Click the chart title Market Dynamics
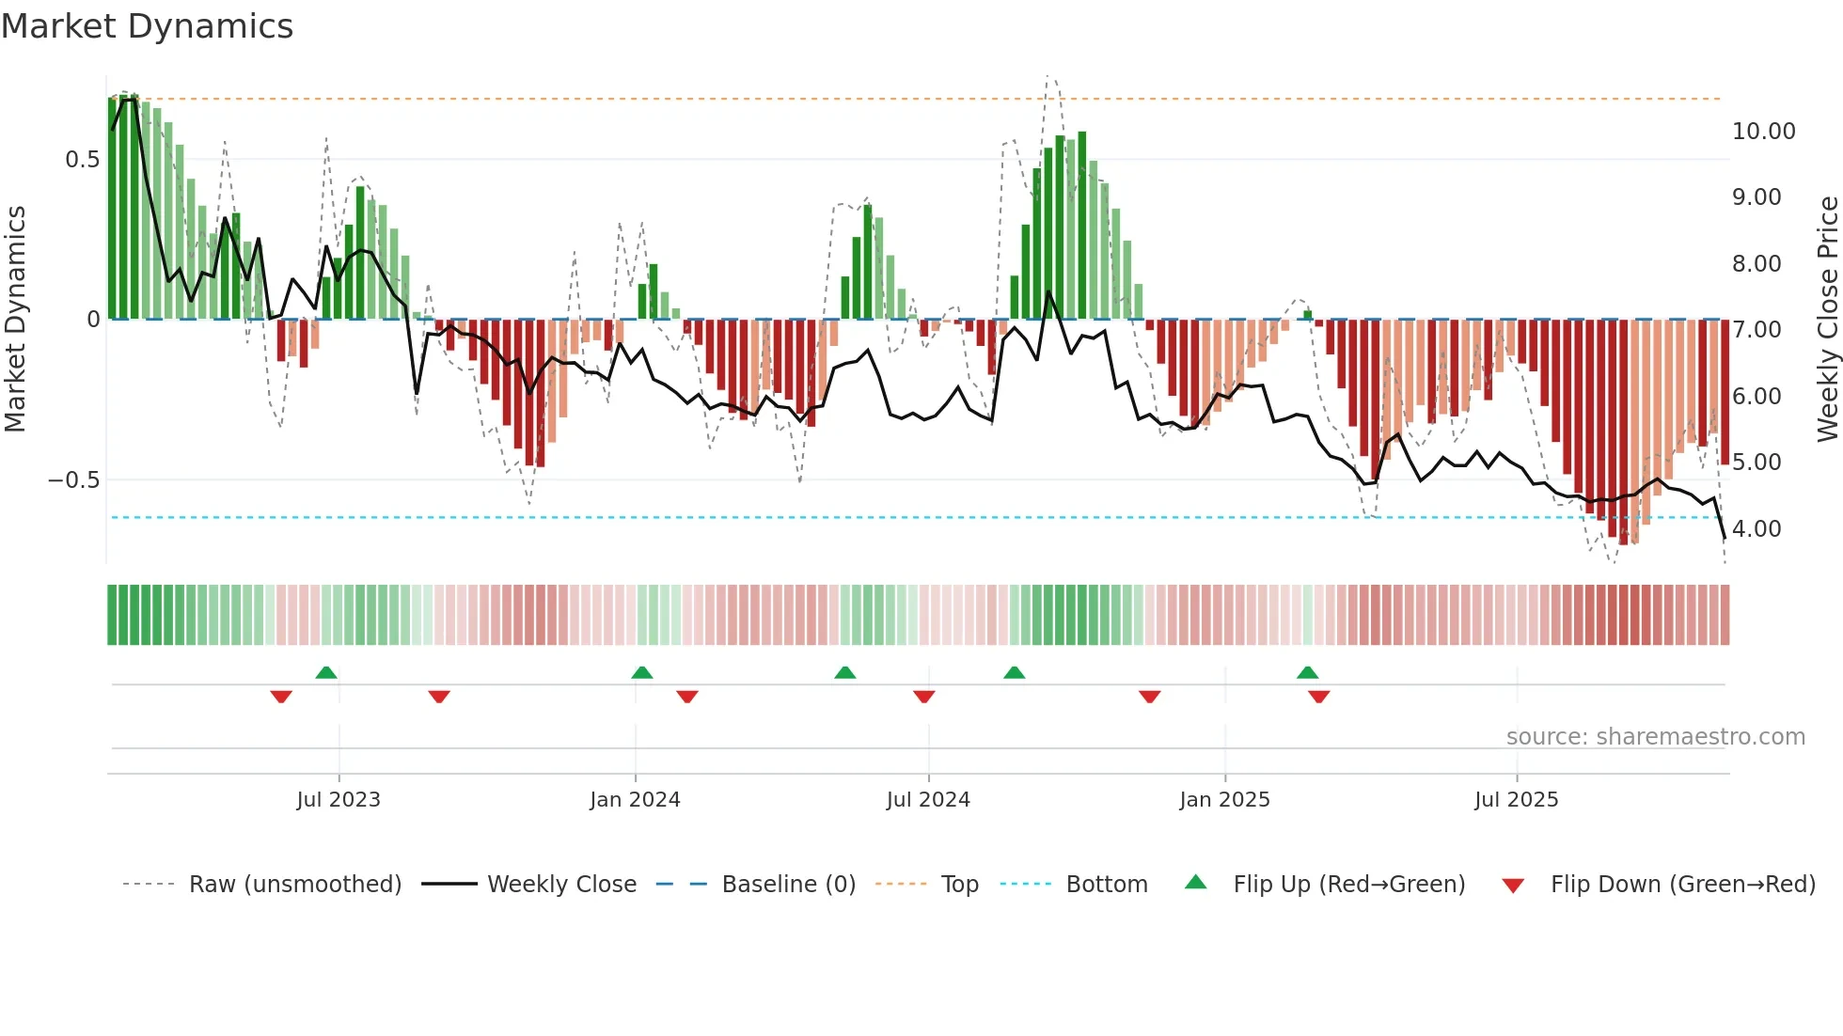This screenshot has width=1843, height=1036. click(147, 26)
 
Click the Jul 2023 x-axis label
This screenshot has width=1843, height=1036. click(339, 800)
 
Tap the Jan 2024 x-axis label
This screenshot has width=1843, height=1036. click(635, 800)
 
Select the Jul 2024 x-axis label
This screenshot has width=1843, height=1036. click(928, 800)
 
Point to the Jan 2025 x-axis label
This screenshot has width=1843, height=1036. click(1224, 800)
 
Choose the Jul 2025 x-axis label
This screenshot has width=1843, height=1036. click(1516, 800)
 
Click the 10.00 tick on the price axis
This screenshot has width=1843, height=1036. click(1763, 132)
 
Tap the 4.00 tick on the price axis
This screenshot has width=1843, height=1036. click(1756, 529)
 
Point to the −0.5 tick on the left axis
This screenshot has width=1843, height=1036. click(73, 480)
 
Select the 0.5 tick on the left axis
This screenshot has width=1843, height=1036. click(82, 160)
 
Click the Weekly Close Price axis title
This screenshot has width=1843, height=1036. click(1827, 319)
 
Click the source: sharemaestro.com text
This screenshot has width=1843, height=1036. click(1655, 737)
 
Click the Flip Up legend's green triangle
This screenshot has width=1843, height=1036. click(1195, 883)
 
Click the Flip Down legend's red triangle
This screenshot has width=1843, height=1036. click(1513, 886)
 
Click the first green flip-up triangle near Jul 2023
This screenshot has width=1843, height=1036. click(326, 673)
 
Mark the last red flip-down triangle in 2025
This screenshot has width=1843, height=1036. click(1318, 697)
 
